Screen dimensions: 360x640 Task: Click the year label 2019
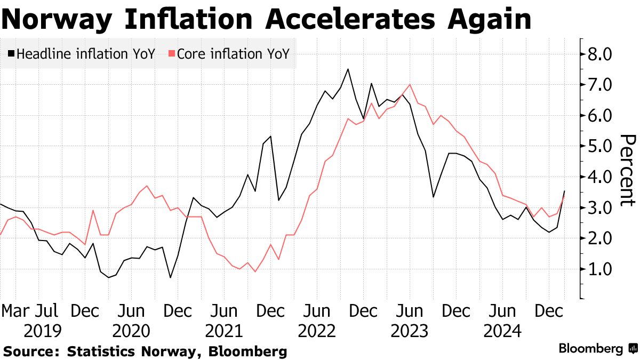(x=43, y=332)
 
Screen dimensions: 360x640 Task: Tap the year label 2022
(x=317, y=332)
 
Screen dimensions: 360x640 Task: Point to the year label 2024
(x=502, y=332)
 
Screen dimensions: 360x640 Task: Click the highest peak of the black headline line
(x=348, y=69)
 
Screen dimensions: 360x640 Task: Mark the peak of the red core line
(x=410, y=85)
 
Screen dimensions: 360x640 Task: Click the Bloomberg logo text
(x=590, y=349)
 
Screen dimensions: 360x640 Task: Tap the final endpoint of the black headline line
(x=564, y=191)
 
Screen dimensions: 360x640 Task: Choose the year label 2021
(x=225, y=332)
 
